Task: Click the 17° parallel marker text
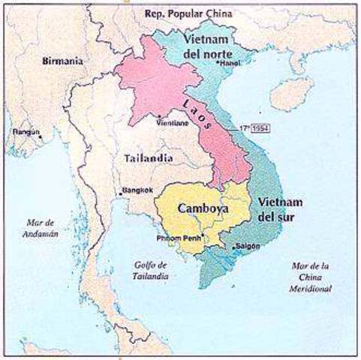[x=245, y=128]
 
